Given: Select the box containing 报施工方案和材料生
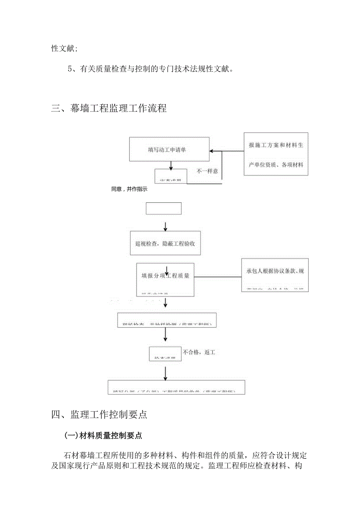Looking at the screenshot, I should click(x=276, y=154).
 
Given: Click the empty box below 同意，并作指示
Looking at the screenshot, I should click(x=164, y=208).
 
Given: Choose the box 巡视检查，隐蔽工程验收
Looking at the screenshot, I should click(x=165, y=243).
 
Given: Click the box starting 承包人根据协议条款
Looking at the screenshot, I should click(x=275, y=275).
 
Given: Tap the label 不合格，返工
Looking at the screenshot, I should click(x=198, y=353).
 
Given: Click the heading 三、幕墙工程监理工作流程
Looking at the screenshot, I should click(x=109, y=108).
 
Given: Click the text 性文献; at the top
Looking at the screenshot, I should click(x=64, y=48).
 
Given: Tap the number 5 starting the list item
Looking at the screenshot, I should click(x=70, y=69).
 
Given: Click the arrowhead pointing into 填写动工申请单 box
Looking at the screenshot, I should click(x=212, y=151).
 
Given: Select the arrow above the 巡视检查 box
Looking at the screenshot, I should click(x=166, y=227).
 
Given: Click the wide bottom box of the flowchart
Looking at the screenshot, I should click(x=176, y=387).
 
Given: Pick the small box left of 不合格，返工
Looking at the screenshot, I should click(x=165, y=354).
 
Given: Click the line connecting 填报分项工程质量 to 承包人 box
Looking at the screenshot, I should click(x=218, y=277).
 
